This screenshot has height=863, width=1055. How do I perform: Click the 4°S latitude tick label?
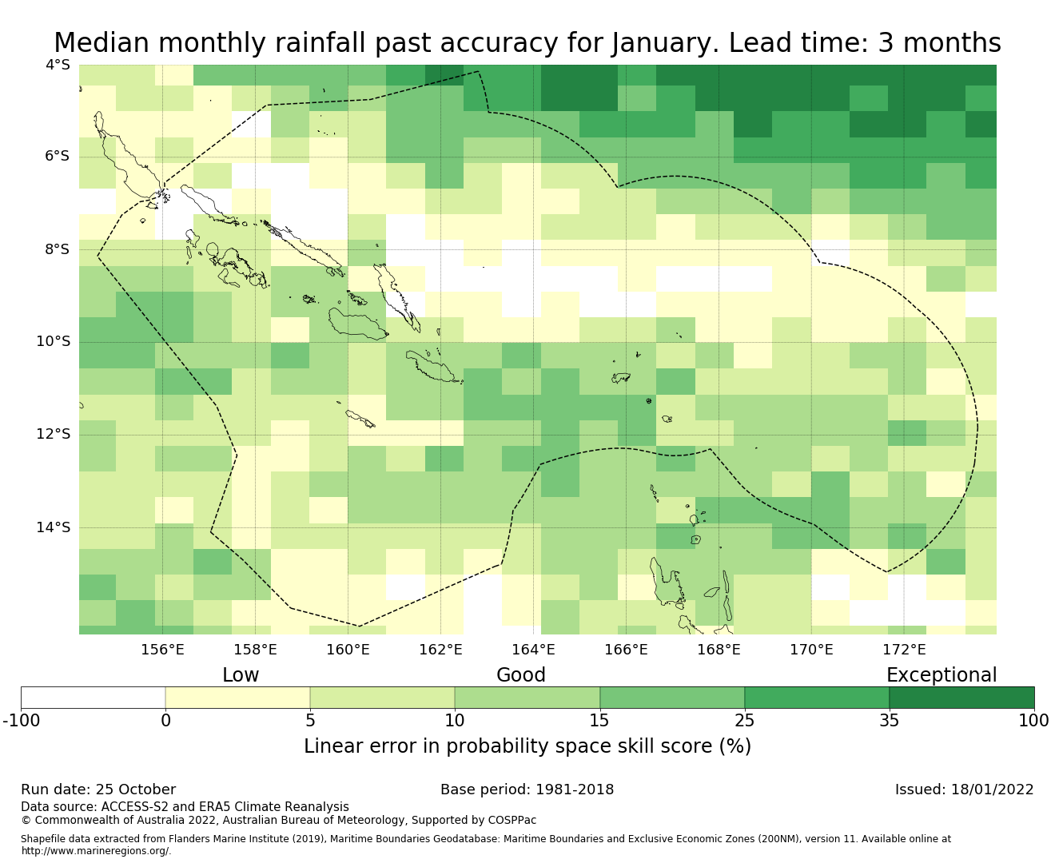(58, 65)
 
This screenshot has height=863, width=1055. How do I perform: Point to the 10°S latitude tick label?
(54, 342)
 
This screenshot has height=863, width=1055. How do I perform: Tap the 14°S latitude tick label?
(54, 527)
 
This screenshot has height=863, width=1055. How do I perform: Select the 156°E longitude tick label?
(163, 650)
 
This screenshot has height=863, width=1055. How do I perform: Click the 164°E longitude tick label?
(533, 650)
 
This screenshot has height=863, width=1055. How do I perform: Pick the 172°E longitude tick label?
(904, 650)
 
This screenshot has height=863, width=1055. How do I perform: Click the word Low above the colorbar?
(241, 675)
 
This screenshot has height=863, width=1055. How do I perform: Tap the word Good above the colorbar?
(521, 675)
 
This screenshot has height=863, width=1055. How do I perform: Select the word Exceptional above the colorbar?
(942, 675)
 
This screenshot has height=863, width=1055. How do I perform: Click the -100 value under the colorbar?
(21, 721)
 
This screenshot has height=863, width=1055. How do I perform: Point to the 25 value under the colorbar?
(744, 721)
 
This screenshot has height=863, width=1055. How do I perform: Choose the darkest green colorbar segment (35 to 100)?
(961, 698)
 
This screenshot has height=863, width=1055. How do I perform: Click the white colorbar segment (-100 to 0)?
(93, 698)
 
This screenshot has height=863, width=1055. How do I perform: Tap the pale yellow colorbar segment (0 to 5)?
(237, 698)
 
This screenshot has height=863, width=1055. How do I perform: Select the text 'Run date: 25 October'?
(98, 789)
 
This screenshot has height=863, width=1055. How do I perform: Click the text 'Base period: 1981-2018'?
(527, 789)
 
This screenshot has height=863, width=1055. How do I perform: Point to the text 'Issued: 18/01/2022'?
(964, 789)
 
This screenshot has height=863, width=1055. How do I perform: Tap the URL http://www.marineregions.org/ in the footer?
(96, 851)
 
